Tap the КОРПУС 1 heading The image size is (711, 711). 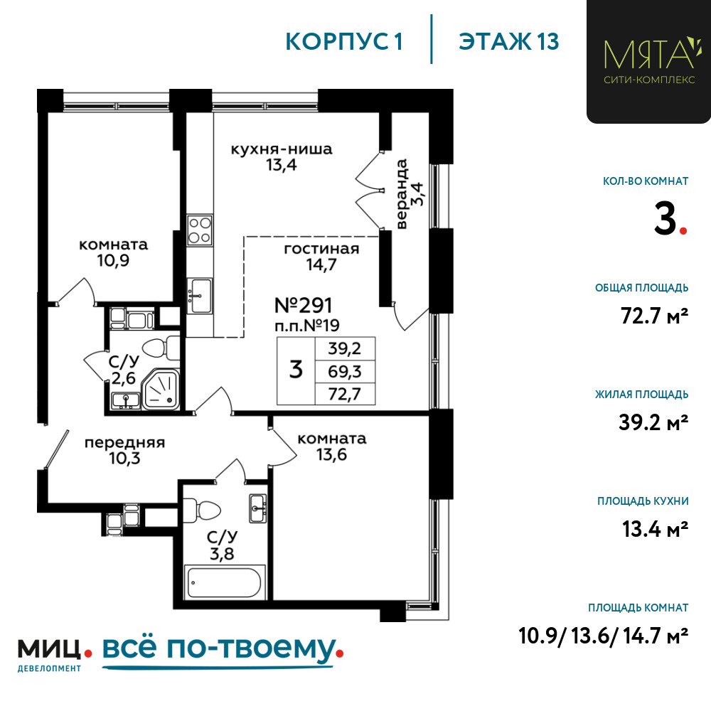click(x=344, y=42)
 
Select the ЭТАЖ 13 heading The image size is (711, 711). click(x=509, y=42)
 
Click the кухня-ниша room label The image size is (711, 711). click(x=282, y=149)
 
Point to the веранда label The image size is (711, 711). click(x=402, y=194)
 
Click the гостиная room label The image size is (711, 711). click(x=321, y=249)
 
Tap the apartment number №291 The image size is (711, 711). click(x=304, y=306)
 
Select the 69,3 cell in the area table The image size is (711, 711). click(x=345, y=372)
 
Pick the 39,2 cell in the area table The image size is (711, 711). click(x=345, y=348)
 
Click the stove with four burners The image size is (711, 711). click(x=200, y=230)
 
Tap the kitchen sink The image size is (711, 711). click(x=200, y=296)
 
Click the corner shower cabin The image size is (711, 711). click(x=161, y=389)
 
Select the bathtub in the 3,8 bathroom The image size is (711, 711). click(x=225, y=582)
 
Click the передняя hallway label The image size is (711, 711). click(x=124, y=442)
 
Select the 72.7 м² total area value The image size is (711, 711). click(x=654, y=316)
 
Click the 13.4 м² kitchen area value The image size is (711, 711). click(x=656, y=529)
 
